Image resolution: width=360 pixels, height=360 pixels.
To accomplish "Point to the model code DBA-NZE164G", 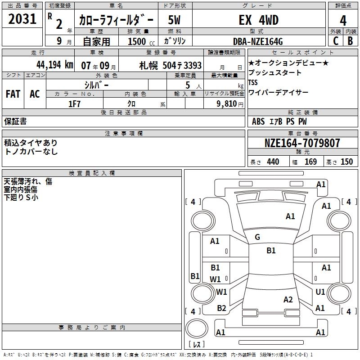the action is pyautogui.click(x=258, y=41).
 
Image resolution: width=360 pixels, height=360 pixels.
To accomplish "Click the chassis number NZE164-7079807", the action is pyautogui.click(x=302, y=143).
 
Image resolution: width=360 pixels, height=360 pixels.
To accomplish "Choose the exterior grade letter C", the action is pyautogui.click(x=335, y=41).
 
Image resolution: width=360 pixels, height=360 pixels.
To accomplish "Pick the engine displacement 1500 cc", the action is pyautogui.click(x=138, y=41).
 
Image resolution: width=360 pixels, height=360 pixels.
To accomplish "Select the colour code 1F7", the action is pyautogui.click(x=74, y=103).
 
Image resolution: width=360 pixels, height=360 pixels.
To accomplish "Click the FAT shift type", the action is pyautogui.click(x=13, y=94).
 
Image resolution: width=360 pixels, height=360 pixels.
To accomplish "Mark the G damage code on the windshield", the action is pyautogui.click(x=257, y=237).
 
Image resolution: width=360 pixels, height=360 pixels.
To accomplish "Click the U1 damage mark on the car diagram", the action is pyautogui.click(x=320, y=292).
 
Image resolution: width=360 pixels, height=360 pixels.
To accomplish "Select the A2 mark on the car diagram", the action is pyautogui.click(x=288, y=300).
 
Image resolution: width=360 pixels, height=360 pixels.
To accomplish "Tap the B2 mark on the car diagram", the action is pyautogui.click(x=221, y=308).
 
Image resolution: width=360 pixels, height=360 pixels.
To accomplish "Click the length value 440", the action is pyautogui.click(x=273, y=162).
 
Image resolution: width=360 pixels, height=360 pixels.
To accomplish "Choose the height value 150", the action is pyautogui.click(x=346, y=162).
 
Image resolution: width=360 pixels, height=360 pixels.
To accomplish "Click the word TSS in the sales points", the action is pyautogui.click(x=253, y=82).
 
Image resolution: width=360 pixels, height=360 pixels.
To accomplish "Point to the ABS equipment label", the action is pyautogui.click(x=258, y=121).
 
